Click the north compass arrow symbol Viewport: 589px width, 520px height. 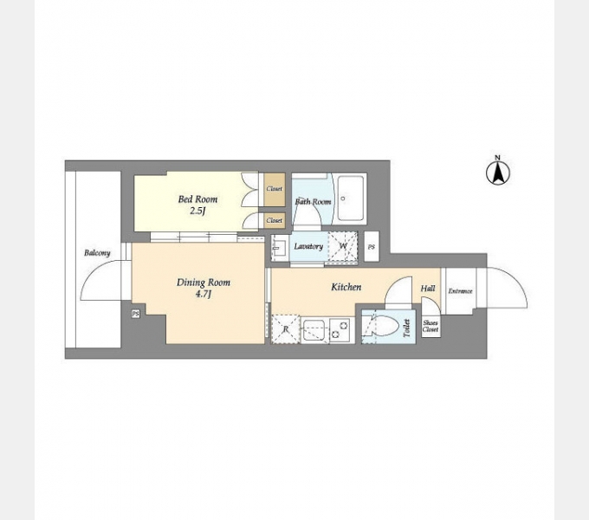point(498,172)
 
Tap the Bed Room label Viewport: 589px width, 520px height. point(197,199)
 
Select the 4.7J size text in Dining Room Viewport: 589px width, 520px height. point(203,294)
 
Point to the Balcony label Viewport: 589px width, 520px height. point(97,253)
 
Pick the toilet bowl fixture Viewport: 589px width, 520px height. point(384,325)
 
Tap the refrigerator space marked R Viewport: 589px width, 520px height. point(286,329)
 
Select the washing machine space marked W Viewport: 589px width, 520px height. point(343,246)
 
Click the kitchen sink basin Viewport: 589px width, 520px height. point(314,330)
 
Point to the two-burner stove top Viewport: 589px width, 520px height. point(341,330)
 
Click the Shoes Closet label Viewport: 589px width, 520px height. point(430,326)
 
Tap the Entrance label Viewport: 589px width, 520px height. point(460,291)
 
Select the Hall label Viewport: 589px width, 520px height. point(428,289)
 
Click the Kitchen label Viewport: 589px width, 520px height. point(346,287)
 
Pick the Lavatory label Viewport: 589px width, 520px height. point(308,246)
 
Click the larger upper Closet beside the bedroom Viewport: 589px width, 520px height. point(275,189)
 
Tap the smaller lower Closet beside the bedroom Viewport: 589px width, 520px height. point(275,220)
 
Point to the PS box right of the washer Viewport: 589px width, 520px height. point(372,247)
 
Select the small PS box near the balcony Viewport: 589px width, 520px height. point(136,314)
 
